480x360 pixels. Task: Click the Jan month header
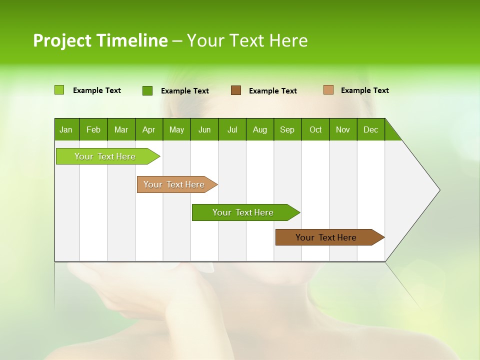(66, 129)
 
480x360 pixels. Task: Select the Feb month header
(93, 129)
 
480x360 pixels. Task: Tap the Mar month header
(121, 129)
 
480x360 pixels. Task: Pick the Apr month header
(149, 129)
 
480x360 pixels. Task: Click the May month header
(176, 129)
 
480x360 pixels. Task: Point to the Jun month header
(204, 129)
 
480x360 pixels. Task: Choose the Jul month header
(232, 129)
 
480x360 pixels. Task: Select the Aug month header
(260, 129)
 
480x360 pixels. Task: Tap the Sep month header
(287, 129)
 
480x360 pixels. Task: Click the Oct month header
(315, 129)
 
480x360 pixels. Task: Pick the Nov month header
(343, 129)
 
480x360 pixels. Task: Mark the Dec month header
(371, 129)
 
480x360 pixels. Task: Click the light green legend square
(59, 90)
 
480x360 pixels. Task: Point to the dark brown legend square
(236, 90)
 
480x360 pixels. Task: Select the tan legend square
(328, 90)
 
